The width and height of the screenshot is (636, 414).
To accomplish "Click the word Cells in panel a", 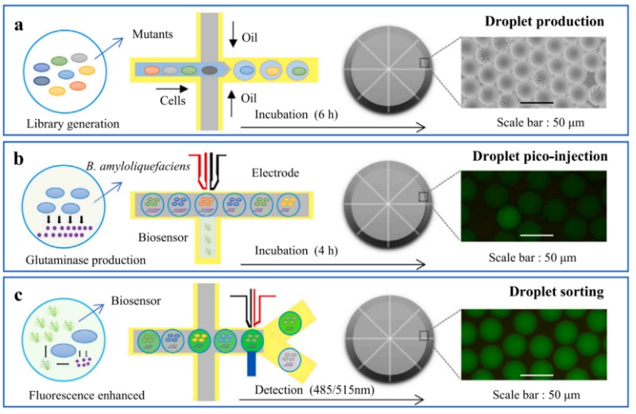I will tap(173, 100).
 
